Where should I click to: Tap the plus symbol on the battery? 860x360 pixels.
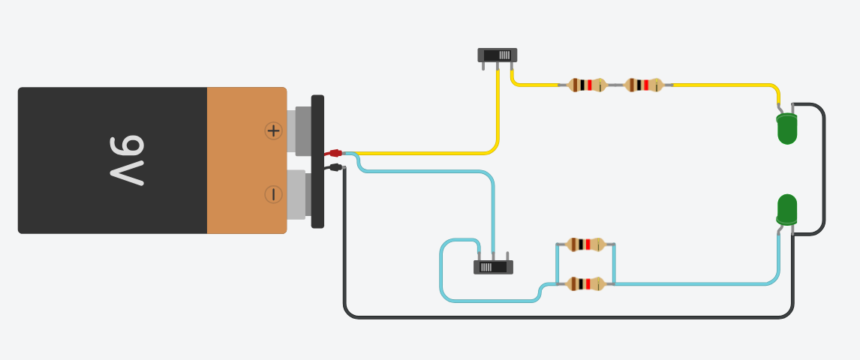coord(273,130)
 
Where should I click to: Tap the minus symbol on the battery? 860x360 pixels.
coord(273,195)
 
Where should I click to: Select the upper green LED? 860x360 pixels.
coord(786,129)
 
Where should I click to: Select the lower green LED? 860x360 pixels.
coord(786,209)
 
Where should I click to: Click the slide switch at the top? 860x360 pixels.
coord(498,55)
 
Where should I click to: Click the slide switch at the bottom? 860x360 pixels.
coord(493,266)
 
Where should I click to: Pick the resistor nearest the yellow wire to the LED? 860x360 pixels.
coord(643,85)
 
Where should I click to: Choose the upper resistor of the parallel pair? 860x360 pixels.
coord(585,244)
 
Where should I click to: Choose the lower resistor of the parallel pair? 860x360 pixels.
coord(585,283)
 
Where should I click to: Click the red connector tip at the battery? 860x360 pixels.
coord(335,153)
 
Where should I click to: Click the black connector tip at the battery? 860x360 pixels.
coord(335,166)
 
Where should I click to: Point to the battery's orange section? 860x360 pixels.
coord(246,160)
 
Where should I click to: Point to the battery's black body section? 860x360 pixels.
coord(113,112)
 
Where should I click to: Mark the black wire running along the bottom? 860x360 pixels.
coord(563,317)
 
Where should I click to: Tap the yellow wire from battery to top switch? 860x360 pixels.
coord(420,153)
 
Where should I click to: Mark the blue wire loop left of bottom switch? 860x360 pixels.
coord(441,270)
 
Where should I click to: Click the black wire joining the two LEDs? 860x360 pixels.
coord(824,169)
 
